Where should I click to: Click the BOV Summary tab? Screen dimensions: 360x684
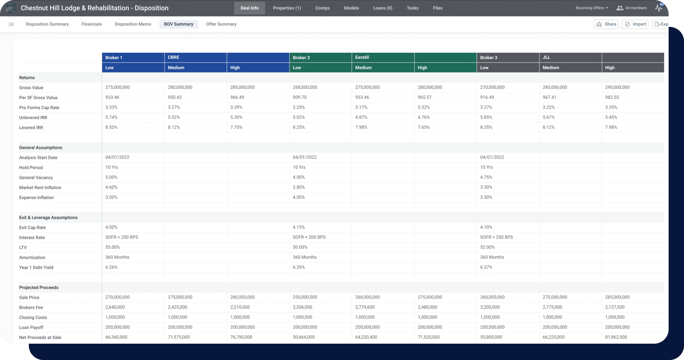(x=178, y=24)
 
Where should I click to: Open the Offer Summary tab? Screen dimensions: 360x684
(x=221, y=24)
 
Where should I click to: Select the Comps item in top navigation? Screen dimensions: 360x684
(x=322, y=8)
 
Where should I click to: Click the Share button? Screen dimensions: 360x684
(x=606, y=24)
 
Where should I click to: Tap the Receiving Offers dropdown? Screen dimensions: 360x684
(x=592, y=8)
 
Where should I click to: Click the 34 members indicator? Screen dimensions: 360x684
(x=632, y=8)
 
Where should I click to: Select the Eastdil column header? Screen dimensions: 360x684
(x=362, y=57)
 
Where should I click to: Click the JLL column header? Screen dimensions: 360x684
(x=546, y=57)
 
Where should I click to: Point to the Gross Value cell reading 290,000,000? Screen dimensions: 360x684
(x=617, y=87)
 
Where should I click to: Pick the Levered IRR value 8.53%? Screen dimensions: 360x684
(x=111, y=127)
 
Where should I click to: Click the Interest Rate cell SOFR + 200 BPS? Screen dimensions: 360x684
(x=309, y=237)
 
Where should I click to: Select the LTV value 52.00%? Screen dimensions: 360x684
(x=487, y=247)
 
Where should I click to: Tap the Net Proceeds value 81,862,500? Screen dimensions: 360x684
(x=616, y=337)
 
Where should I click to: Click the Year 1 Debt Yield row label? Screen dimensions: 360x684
(x=36, y=267)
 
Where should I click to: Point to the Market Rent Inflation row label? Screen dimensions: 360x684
(x=40, y=187)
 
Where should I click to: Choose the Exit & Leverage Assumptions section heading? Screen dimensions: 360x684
(x=48, y=217)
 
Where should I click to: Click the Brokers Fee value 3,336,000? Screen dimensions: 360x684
(x=302, y=307)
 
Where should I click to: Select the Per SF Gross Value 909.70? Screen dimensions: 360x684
(x=299, y=97)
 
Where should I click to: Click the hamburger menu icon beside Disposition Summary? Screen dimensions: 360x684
(x=11, y=24)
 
